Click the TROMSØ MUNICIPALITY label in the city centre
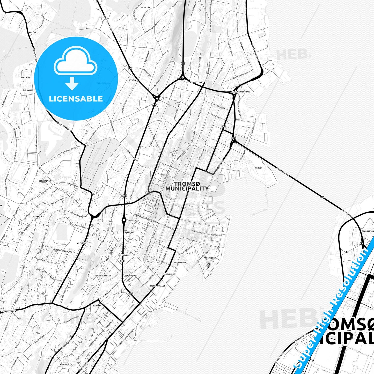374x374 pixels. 187,186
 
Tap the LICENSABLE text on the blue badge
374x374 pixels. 76,99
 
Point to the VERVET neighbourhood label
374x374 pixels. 259,168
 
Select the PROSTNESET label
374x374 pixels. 210,258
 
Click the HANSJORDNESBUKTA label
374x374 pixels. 241,92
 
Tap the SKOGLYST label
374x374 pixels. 145,8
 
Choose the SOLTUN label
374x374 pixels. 33,33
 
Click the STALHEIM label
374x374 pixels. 26,77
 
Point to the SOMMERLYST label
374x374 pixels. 45,181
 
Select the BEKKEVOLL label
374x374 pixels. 39,216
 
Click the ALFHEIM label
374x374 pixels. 81,243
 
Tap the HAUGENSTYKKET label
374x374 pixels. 103,276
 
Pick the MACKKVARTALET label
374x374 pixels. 157,286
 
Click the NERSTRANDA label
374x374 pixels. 180,262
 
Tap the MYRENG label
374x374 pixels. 133,80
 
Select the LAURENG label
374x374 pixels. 97,306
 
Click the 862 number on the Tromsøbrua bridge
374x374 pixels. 322,197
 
